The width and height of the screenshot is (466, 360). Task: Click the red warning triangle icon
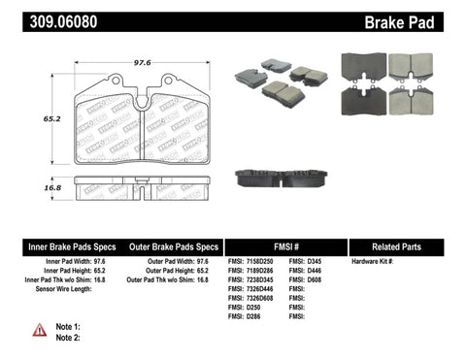click(x=38, y=331)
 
